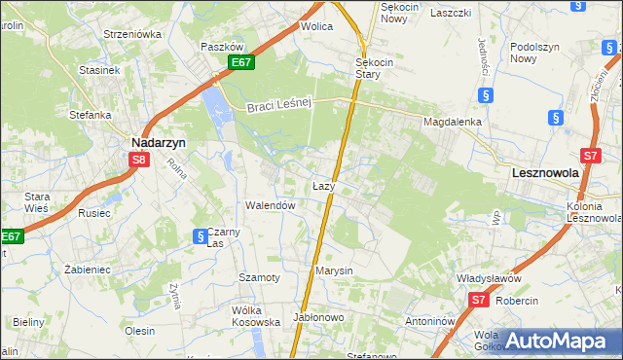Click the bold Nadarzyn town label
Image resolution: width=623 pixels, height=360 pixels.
tap(159, 141)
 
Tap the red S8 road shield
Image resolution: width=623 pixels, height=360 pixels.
tap(140, 161)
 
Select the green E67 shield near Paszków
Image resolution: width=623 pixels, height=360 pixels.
tap(242, 63)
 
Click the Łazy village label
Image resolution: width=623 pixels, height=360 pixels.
tap(324, 185)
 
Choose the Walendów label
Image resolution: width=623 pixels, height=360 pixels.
tap(270, 205)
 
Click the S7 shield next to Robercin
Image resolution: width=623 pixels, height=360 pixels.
tap(477, 301)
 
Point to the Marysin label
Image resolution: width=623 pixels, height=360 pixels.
tap(333, 270)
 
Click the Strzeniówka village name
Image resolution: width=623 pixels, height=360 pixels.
tap(132, 33)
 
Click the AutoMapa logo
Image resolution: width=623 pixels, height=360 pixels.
tap(558, 341)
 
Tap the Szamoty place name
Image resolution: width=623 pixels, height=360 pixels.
tap(260, 277)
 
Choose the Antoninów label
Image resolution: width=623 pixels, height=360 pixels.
tap(431, 320)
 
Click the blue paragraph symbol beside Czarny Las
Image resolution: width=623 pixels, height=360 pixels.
tap(199, 235)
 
